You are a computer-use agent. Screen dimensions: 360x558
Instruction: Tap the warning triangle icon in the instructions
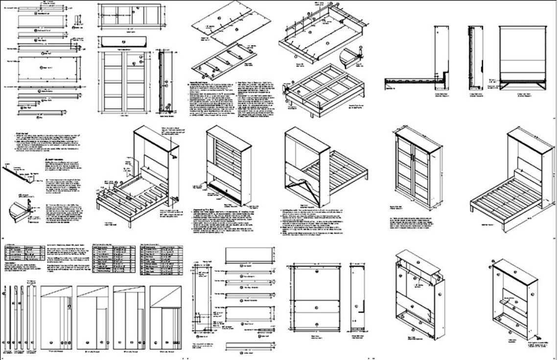[46, 160]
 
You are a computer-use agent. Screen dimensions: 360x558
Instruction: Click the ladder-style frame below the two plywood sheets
[223, 61]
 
